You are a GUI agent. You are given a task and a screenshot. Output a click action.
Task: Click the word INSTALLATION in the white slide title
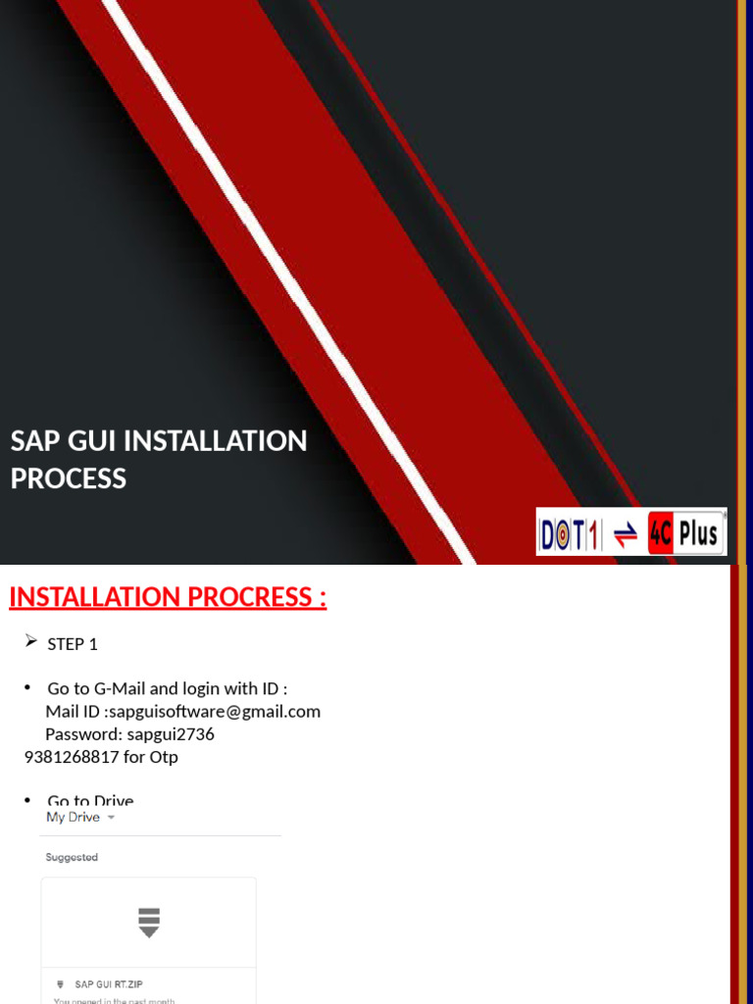pos(214,441)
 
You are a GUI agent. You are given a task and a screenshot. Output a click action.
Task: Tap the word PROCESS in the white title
pos(69,478)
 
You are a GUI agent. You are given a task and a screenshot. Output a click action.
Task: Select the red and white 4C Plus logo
pos(685,533)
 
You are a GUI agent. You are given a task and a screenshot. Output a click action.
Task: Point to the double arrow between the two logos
pos(625,534)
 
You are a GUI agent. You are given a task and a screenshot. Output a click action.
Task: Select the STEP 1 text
pos(73,644)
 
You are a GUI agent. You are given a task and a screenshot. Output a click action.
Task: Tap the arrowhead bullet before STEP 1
pos(29,642)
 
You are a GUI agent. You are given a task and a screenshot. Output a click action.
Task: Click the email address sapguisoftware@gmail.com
pos(215,711)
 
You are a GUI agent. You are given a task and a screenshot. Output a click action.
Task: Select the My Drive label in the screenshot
pos(74,817)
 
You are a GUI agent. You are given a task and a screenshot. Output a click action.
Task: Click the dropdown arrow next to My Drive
pos(111,818)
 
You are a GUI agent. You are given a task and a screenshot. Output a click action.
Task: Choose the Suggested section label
pos(72,857)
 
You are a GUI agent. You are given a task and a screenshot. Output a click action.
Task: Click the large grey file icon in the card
pos(148,923)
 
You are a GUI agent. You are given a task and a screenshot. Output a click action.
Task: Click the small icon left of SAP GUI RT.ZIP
pos(59,983)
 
